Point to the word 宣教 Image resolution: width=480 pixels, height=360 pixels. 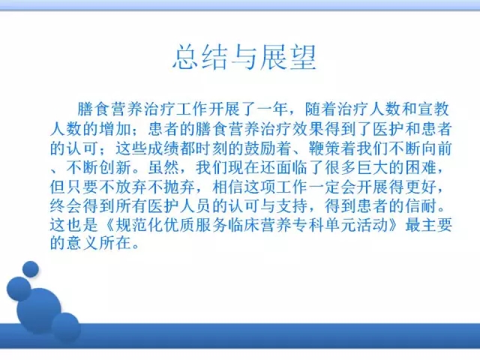point(433,109)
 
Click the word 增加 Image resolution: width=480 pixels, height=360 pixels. point(115,129)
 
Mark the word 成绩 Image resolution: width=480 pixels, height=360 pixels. point(163,148)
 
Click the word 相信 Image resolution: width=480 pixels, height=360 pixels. point(228,187)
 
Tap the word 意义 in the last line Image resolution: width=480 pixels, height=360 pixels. point(83,243)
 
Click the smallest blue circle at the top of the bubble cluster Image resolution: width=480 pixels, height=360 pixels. point(31,269)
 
